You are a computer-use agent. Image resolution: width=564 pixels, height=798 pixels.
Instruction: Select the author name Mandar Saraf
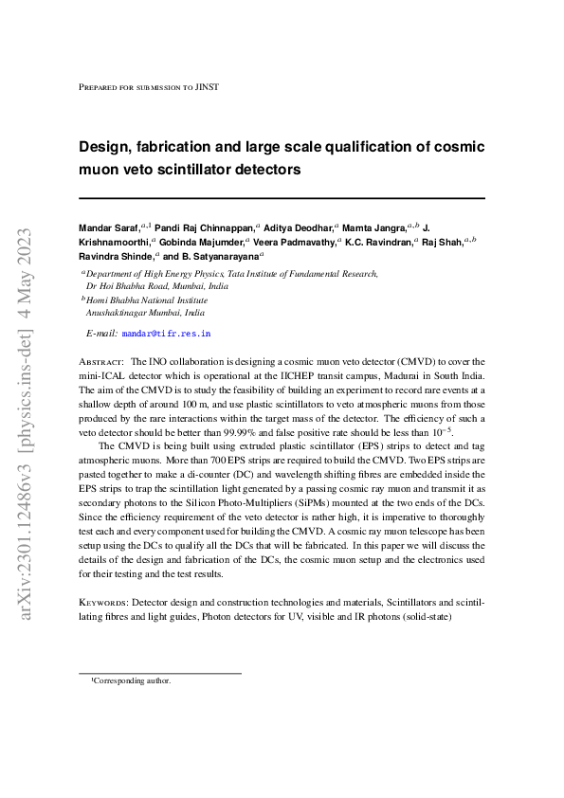[x=108, y=227]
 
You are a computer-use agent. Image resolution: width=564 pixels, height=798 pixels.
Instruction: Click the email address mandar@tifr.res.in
[x=166, y=334]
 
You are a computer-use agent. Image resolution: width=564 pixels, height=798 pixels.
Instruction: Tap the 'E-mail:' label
[x=101, y=334]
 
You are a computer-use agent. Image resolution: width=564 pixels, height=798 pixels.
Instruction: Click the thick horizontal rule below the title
[x=282, y=198]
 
